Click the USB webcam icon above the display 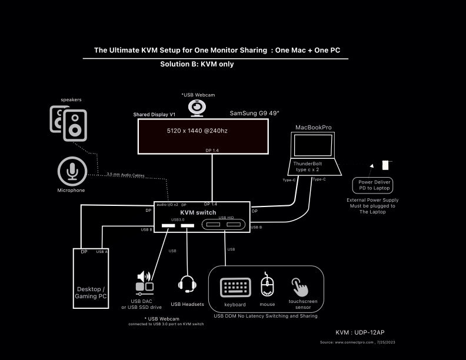[196, 108]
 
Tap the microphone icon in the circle [72, 171]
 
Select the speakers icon [68, 123]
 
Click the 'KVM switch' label [198, 212]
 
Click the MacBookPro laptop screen [312, 145]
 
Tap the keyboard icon [235, 288]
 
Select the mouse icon [267, 286]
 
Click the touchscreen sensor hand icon [300, 286]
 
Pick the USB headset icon [187, 284]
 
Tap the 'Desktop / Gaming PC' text [91, 292]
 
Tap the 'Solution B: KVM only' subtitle [197, 64]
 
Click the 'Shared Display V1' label [155, 115]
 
